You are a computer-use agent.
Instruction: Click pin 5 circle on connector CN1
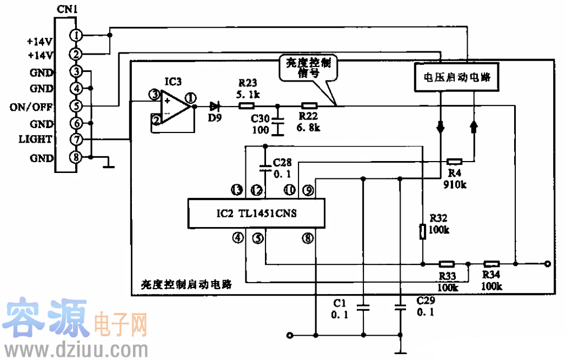[76, 106]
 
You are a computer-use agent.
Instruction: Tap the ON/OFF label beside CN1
[31, 107]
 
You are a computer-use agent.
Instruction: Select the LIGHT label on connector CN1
[34, 139]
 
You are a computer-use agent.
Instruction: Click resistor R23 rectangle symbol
[247, 106]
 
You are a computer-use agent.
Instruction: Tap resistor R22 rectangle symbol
[309, 106]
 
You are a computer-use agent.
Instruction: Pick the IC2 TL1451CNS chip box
[256, 214]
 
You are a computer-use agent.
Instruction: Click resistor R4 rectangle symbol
[455, 161]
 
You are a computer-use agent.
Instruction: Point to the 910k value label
[455, 184]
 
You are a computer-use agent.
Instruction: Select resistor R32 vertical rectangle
[423, 231]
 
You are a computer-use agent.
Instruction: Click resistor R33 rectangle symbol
[446, 264]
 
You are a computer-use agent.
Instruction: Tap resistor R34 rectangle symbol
[491, 264]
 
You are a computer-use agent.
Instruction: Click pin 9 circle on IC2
[308, 190]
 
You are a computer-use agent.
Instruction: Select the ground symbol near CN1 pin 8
[110, 163]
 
